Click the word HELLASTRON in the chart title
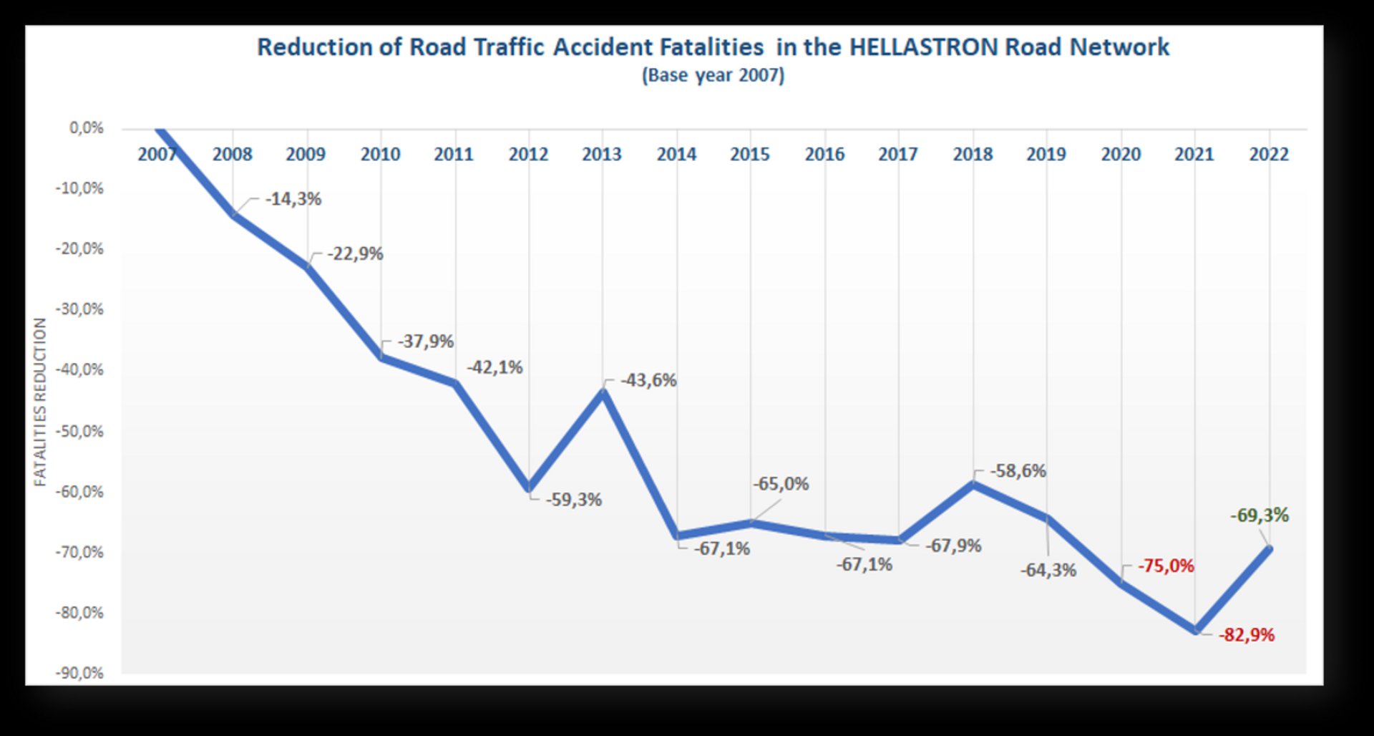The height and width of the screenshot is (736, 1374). click(923, 47)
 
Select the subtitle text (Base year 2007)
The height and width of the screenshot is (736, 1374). click(713, 75)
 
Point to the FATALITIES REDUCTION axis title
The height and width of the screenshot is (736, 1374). click(40, 402)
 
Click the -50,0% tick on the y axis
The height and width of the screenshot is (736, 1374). click(79, 431)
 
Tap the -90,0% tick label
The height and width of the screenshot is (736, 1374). click(79, 673)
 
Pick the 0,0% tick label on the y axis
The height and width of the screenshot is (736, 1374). click(87, 128)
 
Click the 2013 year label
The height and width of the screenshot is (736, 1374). click(602, 154)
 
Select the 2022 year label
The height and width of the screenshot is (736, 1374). click(1269, 154)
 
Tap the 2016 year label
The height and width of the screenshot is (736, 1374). click(824, 154)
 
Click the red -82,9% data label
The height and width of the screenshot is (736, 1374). click(1247, 635)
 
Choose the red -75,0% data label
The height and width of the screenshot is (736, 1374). click(1166, 566)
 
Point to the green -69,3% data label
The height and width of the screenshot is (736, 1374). click(1259, 515)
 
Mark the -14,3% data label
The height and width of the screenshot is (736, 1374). click(293, 199)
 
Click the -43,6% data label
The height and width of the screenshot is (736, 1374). click(648, 380)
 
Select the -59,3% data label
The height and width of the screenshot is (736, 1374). click(574, 500)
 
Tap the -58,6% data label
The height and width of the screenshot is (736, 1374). click(1018, 471)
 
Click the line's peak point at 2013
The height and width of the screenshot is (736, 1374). click(603, 392)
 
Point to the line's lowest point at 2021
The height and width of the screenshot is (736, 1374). click(1195, 630)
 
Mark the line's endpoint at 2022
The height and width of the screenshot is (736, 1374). click(1270, 548)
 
